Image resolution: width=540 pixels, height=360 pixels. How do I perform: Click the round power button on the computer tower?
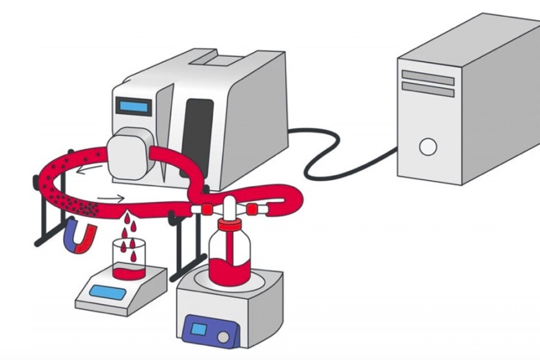point(427,147)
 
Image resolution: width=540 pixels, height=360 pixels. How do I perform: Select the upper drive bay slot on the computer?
point(428,78)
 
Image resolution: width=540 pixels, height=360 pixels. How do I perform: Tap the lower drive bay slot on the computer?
point(428,90)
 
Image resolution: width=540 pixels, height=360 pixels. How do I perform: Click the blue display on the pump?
point(133,107)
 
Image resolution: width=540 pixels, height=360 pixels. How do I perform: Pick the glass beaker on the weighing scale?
point(129,259)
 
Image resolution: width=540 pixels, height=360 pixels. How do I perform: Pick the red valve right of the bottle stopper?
point(252,209)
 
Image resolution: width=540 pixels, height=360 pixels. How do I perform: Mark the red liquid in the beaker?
point(129,273)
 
